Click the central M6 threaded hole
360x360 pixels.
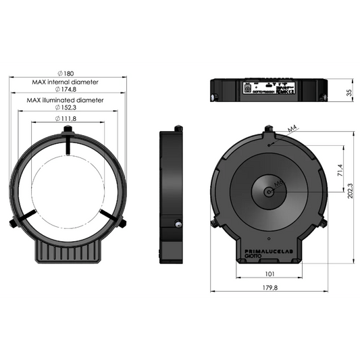coord(269,190)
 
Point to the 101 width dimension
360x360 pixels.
coord(269,275)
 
